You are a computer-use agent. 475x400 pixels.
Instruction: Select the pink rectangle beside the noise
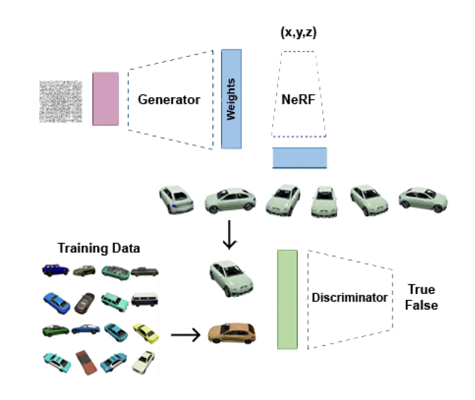click(105, 98)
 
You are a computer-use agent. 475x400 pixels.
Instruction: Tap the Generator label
click(169, 100)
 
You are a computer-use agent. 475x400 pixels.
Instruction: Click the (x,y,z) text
click(299, 34)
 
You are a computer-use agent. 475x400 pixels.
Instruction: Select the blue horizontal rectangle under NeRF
click(299, 158)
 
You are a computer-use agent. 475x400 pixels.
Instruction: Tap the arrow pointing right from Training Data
click(185, 335)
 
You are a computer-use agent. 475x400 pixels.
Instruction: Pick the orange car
click(232, 333)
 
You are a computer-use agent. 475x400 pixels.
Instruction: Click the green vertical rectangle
click(287, 299)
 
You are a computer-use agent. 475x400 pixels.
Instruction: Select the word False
click(422, 306)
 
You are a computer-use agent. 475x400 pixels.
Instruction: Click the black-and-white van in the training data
click(144, 299)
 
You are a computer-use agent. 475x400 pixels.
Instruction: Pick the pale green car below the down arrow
click(230, 276)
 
